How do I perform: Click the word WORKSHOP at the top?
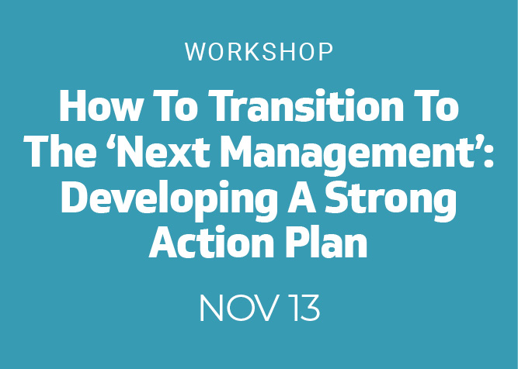(x=259, y=52)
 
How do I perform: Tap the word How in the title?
(x=100, y=105)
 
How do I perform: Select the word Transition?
(x=306, y=105)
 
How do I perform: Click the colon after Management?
(x=489, y=155)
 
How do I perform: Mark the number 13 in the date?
(x=304, y=308)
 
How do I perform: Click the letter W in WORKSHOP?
(x=196, y=52)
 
